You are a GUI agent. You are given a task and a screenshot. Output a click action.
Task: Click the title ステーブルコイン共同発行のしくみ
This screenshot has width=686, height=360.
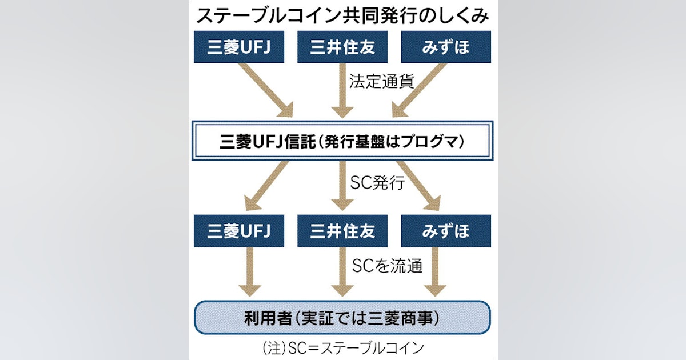coord(342,15)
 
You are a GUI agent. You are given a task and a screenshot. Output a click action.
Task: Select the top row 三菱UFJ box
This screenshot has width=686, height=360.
coord(238,47)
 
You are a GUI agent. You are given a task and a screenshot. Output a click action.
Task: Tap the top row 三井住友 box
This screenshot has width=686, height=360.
coord(342,47)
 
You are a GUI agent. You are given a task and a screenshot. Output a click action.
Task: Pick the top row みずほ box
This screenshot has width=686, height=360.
coord(446,47)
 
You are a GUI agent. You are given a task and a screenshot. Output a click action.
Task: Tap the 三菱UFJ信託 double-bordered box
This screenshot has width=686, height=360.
coord(342,140)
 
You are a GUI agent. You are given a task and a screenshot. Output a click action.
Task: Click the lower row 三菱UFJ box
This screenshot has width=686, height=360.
coord(238,231)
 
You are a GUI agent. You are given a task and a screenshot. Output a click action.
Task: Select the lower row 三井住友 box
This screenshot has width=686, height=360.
coord(342,231)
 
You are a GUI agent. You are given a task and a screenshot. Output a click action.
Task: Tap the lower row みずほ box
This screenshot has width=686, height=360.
coord(446,231)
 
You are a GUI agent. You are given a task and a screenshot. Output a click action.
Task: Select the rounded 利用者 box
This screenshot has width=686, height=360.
coord(342,317)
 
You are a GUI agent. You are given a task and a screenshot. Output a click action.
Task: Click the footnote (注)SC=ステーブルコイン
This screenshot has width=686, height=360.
coord(342,347)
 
